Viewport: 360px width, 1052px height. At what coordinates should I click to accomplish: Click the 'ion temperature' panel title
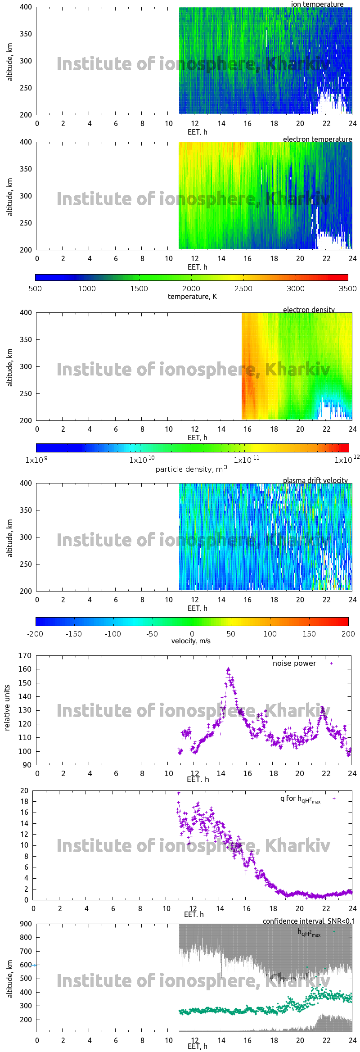click(317, 4)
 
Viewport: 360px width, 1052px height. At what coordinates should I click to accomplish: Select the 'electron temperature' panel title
click(317, 139)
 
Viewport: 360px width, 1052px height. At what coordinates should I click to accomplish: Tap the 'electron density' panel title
click(309, 310)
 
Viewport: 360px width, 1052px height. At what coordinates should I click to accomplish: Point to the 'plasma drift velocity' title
click(315, 480)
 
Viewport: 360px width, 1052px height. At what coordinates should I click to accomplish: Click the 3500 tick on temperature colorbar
click(347, 289)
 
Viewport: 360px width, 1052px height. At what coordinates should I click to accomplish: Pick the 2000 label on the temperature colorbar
click(191, 289)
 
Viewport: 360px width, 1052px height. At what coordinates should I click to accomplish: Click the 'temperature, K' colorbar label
click(192, 297)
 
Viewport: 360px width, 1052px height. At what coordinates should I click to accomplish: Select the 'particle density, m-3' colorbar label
click(191, 469)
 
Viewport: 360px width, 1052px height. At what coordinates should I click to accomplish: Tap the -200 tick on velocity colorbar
click(35, 634)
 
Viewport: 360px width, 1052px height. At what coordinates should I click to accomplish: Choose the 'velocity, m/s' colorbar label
click(191, 641)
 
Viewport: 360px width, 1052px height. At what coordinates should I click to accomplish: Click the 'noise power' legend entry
click(294, 664)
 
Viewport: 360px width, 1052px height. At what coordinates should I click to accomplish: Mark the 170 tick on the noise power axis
click(25, 655)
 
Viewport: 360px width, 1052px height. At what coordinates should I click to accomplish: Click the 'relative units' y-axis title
click(7, 708)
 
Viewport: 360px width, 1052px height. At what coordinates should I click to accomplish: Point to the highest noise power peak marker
click(228, 669)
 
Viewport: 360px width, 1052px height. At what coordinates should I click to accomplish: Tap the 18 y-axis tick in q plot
click(24, 801)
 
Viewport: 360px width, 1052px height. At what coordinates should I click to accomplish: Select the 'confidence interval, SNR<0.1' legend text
click(309, 921)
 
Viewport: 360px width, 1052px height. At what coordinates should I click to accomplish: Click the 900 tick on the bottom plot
click(26, 924)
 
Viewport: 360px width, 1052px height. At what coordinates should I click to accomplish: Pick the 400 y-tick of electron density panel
click(26, 312)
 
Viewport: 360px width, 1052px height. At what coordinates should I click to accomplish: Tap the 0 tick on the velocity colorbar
click(192, 634)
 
